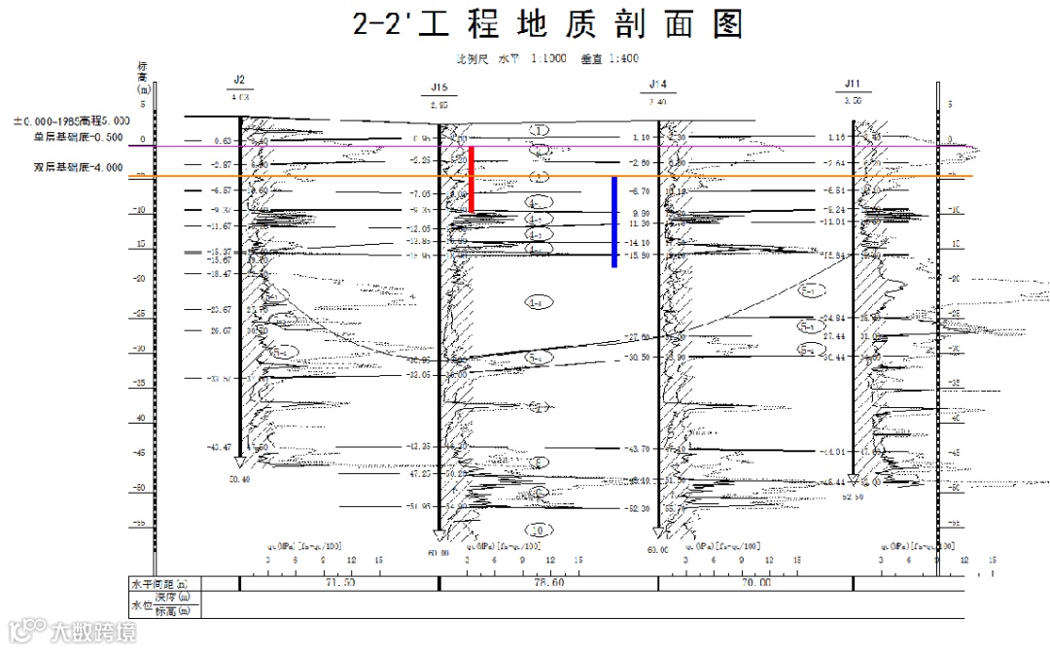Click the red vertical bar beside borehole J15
(x=472, y=179)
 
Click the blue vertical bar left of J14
(x=614, y=222)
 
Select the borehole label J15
(x=438, y=87)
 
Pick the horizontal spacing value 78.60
(x=548, y=583)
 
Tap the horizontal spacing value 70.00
(x=755, y=583)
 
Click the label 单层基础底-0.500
(x=78, y=137)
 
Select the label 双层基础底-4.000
(x=78, y=167)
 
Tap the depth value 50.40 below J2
(x=239, y=479)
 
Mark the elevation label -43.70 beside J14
(x=638, y=449)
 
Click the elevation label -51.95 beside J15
(x=418, y=506)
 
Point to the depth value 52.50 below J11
(x=853, y=497)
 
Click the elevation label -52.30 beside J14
(x=638, y=508)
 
